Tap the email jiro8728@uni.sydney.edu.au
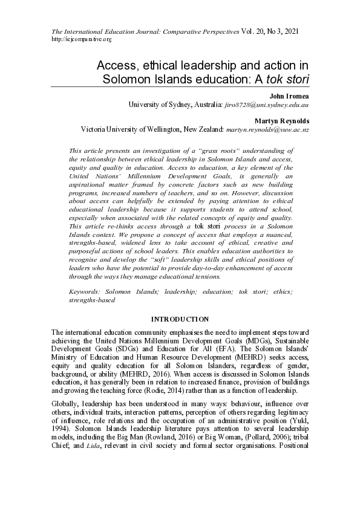click(x=267, y=105)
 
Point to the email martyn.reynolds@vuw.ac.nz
click(x=267, y=129)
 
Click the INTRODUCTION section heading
click(x=180, y=319)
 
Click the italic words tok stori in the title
click(x=287, y=79)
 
